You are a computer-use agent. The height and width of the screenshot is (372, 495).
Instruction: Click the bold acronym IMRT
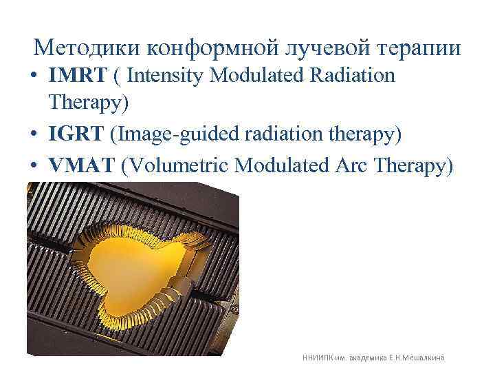click(75, 75)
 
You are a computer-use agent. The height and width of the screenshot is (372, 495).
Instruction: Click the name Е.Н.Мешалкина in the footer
click(420, 358)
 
